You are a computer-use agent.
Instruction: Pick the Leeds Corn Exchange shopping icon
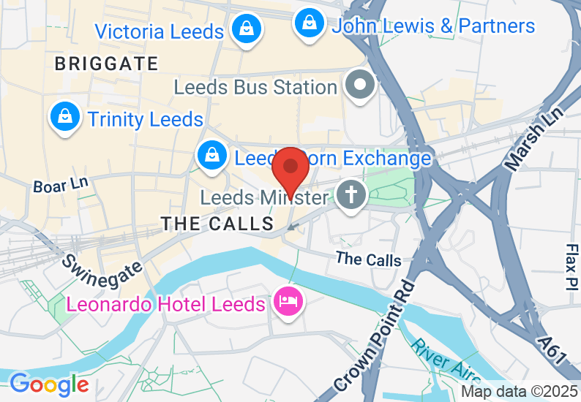coord(211,156)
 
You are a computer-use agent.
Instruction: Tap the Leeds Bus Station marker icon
coord(360,86)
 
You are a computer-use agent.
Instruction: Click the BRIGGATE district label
coord(107,64)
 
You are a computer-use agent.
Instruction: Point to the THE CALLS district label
coord(217,224)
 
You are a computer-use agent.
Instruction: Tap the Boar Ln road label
coord(60,184)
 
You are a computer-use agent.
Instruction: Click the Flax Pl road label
coord(571,268)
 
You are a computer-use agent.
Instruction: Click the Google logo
coord(49,384)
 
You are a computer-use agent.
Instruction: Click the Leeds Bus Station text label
coord(255,88)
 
